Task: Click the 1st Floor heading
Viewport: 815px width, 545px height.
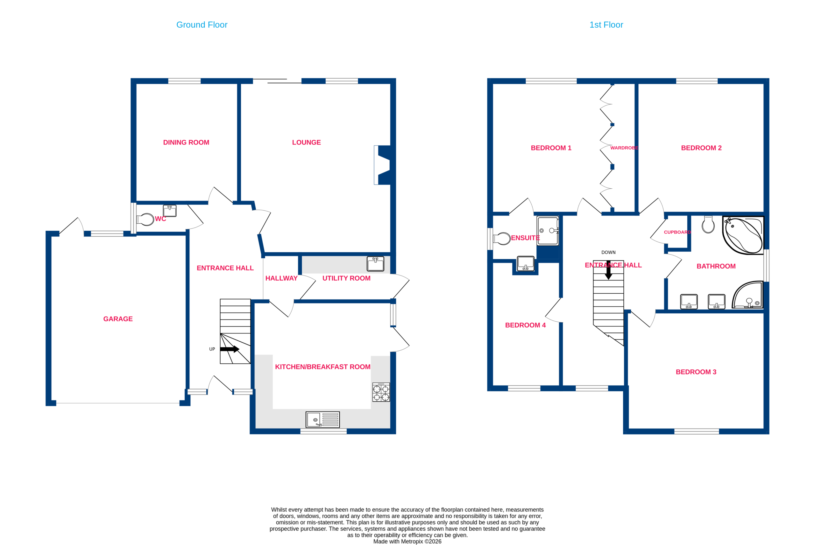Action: click(x=606, y=25)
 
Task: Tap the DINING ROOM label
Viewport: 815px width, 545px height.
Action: click(x=186, y=143)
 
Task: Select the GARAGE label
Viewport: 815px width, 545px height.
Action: click(x=118, y=319)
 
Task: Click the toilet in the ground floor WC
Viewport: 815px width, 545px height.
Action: click(x=145, y=219)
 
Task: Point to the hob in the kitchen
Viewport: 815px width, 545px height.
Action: click(x=381, y=392)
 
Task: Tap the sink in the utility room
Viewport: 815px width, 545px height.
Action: click(x=376, y=264)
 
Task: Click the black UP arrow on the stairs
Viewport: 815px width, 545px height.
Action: click(x=230, y=349)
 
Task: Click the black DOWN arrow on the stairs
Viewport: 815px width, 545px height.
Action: click(x=608, y=270)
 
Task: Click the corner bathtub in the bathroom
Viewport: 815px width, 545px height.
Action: click(x=743, y=235)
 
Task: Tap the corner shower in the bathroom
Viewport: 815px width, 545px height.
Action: click(x=748, y=295)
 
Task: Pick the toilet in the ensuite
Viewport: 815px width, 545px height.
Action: click(x=502, y=239)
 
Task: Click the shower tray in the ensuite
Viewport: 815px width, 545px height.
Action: click(x=548, y=231)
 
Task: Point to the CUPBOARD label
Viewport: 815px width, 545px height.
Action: click(x=677, y=232)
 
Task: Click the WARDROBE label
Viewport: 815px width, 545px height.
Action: click(x=624, y=148)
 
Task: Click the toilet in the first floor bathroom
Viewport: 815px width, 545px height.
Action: click(x=708, y=225)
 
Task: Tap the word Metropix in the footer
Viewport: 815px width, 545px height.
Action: click(x=412, y=541)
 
